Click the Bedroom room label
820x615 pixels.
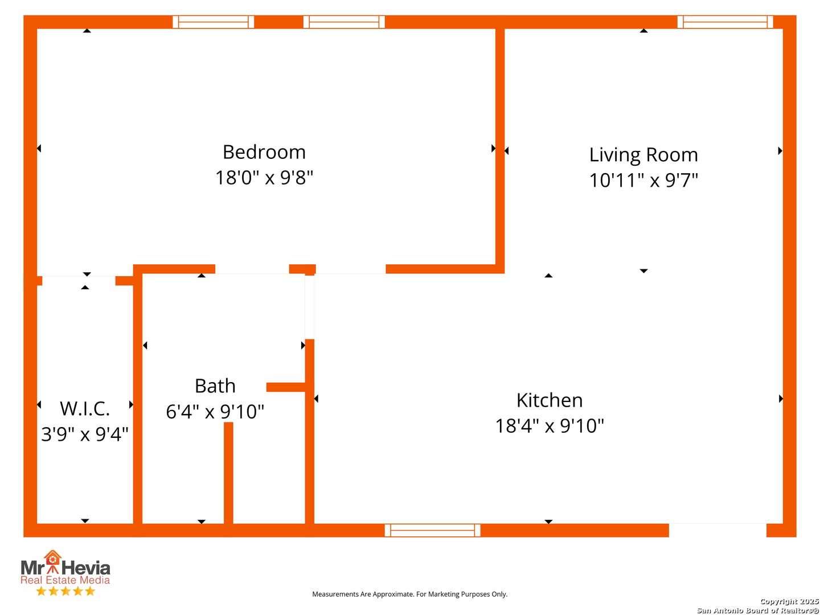coord(264,152)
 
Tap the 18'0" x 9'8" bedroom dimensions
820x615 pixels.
coord(264,178)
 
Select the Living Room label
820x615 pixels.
coord(643,155)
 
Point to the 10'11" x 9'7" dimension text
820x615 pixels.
coord(643,181)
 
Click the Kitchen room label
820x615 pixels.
coord(550,400)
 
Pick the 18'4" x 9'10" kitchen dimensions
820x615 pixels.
coord(550,426)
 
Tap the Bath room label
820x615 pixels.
coord(215,386)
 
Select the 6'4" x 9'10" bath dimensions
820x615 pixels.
coord(215,412)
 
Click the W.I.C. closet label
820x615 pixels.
coord(85,409)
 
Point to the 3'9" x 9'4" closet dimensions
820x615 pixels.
coord(85,434)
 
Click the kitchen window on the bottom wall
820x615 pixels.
coord(433,530)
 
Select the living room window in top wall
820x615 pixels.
coord(725,22)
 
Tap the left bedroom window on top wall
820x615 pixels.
coord(214,22)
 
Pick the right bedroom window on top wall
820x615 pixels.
coord(344,22)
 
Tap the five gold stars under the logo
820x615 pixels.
coord(65,591)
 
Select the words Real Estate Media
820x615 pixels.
coord(65,580)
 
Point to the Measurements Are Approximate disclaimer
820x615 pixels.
coord(410,594)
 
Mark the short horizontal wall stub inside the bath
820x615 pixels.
coord(286,387)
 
